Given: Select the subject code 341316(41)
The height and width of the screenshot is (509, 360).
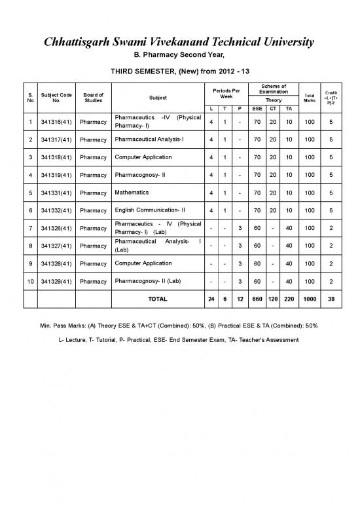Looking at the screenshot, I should pyautogui.click(x=56, y=121).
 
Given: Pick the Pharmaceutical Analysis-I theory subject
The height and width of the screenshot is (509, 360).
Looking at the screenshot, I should pyautogui.click(x=153, y=140).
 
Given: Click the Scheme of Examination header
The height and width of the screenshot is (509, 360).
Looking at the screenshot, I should pyautogui.click(x=273, y=88).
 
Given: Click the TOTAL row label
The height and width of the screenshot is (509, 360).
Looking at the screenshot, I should pyautogui.click(x=158, y=299).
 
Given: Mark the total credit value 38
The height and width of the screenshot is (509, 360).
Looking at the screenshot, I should pyautogui.click(x=331, y=299).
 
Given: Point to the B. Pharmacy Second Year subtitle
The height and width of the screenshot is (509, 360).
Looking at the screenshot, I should pyautogui.click(x=179, y=55).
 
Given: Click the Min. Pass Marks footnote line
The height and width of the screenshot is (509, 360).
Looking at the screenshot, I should pyautogui.click(x=179, y=325).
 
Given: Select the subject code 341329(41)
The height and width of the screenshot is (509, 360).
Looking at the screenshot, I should pyautogui.click(x=56, y=281).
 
